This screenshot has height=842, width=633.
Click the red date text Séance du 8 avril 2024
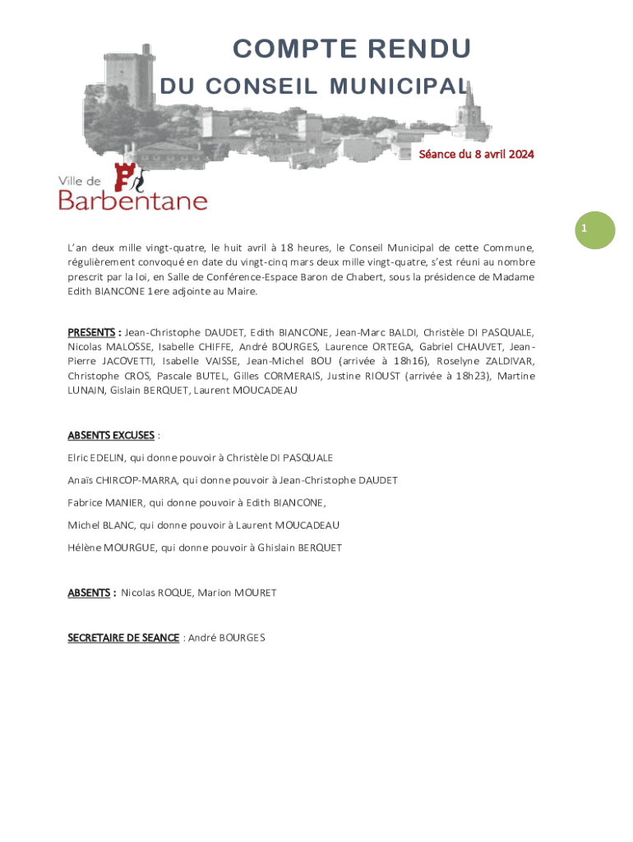coord(477,154)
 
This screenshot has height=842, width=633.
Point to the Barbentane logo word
coord(132,200)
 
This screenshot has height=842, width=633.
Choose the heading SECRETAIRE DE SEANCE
coord(123,637)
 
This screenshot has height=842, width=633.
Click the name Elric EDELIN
coord(97,457)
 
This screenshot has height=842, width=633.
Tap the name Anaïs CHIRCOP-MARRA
coord(122,480)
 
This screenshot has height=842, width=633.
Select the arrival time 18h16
coord(409,362)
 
